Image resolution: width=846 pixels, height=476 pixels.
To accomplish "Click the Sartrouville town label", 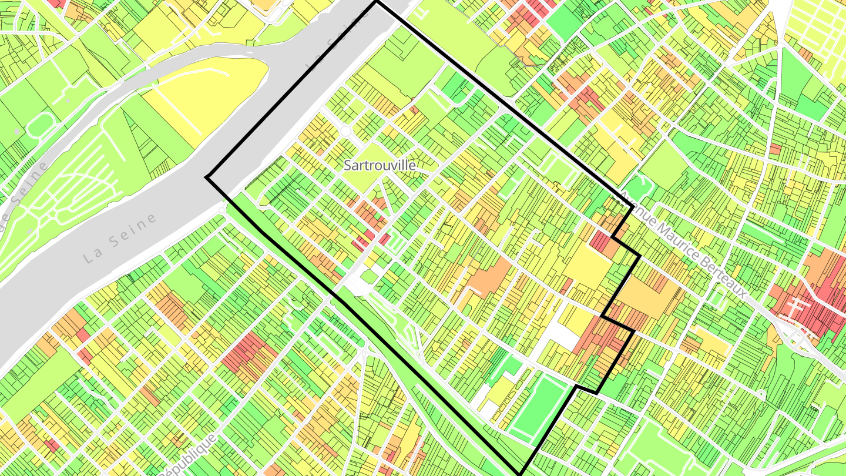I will [380, 166].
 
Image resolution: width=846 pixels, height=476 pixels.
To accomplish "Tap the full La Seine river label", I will [121, 237].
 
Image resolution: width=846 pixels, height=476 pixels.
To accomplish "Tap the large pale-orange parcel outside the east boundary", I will [646, 297].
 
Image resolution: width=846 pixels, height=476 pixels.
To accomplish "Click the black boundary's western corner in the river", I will [207, 177].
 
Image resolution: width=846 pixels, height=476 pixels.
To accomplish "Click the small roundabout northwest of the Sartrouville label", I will [347, 130].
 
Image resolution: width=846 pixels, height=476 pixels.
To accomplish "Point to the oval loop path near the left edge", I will [40, 124].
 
